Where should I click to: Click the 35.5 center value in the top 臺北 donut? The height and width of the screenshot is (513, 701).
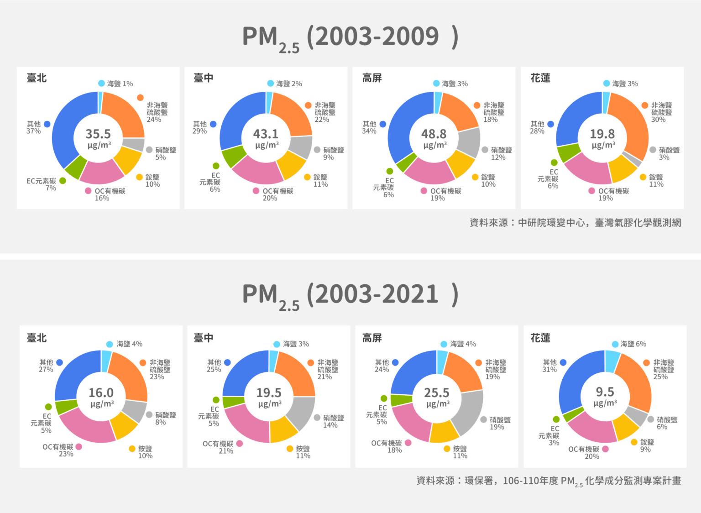click(x=98, y=134)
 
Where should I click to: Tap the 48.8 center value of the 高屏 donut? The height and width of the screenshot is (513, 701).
click(x=434, y=134)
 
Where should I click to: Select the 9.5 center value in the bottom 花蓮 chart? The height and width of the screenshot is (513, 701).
click(x=605, y=392)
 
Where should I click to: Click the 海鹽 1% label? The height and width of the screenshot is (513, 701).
click(x=120, y=84)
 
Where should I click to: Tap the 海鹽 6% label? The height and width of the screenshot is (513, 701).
click(x=633, y=344)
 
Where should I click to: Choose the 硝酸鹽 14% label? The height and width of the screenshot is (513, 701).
click(x=333, y=421)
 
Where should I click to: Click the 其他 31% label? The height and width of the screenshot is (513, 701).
click(x=549, y=366)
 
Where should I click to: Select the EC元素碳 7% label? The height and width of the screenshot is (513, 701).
click(x=42, y=184)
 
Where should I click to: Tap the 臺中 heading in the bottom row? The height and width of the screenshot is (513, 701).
click(x=204, y=338)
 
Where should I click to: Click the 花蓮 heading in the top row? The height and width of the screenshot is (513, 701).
click(x=540, y=78)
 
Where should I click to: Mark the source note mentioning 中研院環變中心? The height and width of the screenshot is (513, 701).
click(x=575, y=223)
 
